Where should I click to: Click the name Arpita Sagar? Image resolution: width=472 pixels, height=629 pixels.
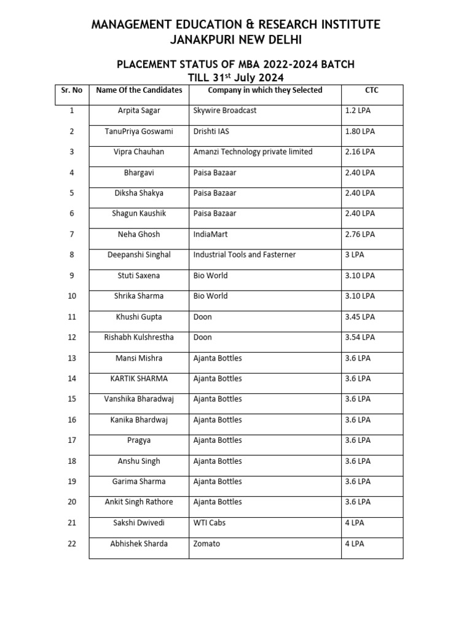coord(139,111)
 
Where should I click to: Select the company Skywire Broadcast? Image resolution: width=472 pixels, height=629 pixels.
coord(225,111)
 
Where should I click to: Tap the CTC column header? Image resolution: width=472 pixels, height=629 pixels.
coord(372,90)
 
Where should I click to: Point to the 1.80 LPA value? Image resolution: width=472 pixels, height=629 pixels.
coord(360,131)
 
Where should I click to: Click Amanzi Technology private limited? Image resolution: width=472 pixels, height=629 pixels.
coord(253,152)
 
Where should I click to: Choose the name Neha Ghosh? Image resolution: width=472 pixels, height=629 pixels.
coord(139,234)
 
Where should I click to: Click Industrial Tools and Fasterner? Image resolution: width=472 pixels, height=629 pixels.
coord(245,254)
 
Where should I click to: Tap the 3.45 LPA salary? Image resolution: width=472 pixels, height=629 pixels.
coord(360,316)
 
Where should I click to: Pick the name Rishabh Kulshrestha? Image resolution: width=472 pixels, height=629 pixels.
coord(139,337)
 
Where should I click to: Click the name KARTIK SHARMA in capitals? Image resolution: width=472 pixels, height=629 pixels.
coord(139,378)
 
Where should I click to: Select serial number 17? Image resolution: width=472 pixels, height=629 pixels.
coord(72,440)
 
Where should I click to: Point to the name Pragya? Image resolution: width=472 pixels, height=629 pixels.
coord(139,440)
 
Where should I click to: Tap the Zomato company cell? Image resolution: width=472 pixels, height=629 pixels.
coord(206,544)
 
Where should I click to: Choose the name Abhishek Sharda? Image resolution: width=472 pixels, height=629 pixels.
coord(139,544)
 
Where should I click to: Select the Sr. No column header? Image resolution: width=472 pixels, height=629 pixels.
coord(72,90)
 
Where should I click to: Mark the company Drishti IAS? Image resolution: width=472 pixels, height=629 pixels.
coord(212,131)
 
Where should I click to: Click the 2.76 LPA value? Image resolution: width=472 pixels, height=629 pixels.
coord(360,234)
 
